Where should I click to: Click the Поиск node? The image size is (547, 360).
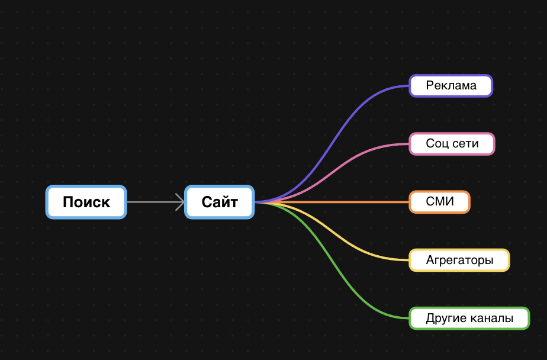point(86,202)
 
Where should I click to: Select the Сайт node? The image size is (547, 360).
point(220,202)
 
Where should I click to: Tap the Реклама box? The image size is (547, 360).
point(451,86)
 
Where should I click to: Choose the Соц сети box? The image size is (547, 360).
point(452,144)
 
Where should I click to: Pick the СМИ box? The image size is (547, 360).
point(439,202)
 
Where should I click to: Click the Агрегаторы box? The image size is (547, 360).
point(459,260)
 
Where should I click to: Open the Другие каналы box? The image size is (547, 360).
point(469,318)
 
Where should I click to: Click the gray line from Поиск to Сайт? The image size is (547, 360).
point(151,202)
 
